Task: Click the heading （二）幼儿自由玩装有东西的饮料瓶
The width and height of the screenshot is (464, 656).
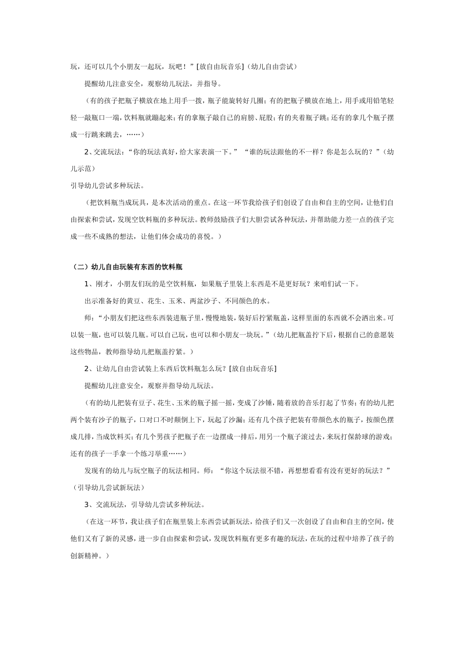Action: coord(127,267)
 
